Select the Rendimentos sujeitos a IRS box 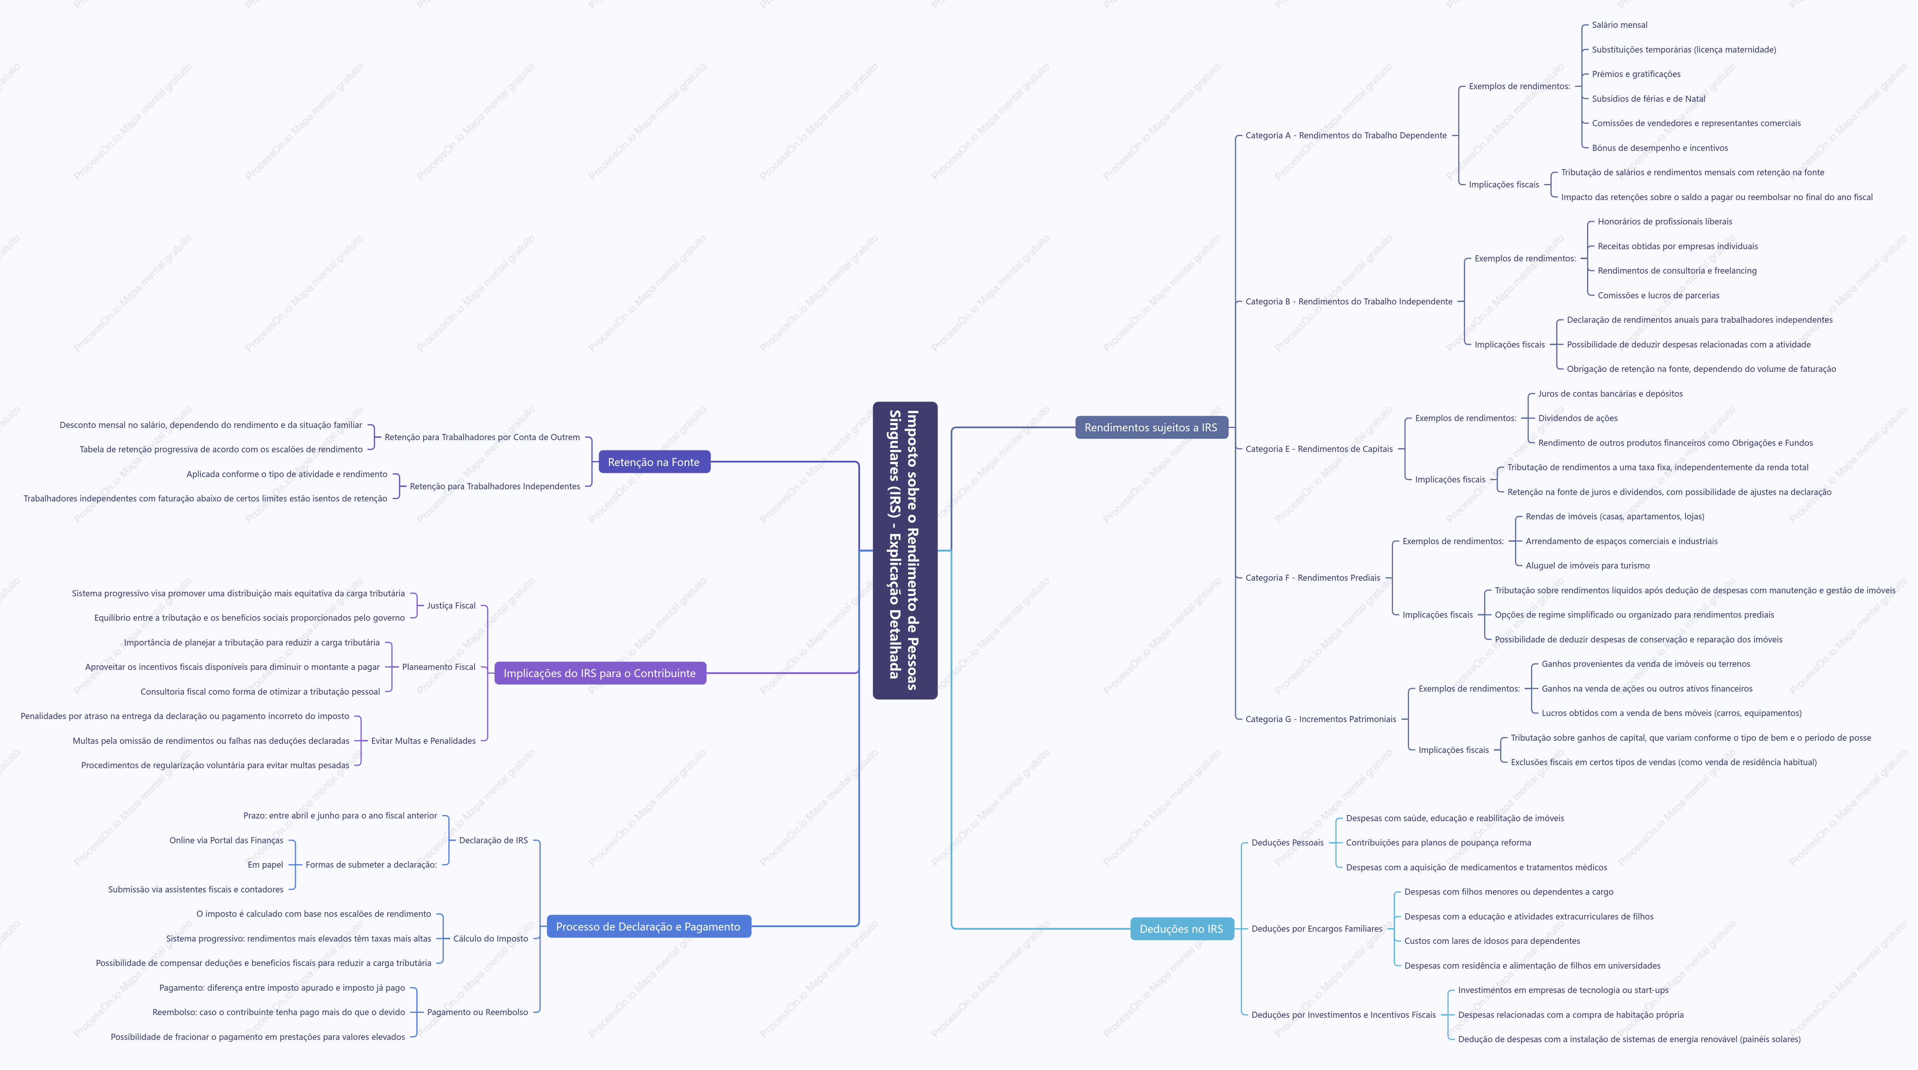tap(1151, 427)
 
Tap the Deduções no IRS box tap(1181, 929)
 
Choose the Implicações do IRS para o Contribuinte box tap(600, 673)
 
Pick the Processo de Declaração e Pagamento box tap(648, 926)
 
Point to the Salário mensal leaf tap(1619, 24)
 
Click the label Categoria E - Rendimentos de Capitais tap(1319, 449)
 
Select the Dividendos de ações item tap(1578, 418)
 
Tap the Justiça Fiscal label tap(451, 606)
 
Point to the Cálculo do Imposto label tap(491, 938)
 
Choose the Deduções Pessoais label tap(1287, 842)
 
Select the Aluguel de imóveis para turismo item tap(1587, 565)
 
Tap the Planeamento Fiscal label tap(438, 667)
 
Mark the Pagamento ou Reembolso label tap(477, 1012)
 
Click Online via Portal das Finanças tap(226, 840)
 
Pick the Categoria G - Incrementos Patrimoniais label tap(1321, 719)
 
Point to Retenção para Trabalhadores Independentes tap(495, 486)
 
